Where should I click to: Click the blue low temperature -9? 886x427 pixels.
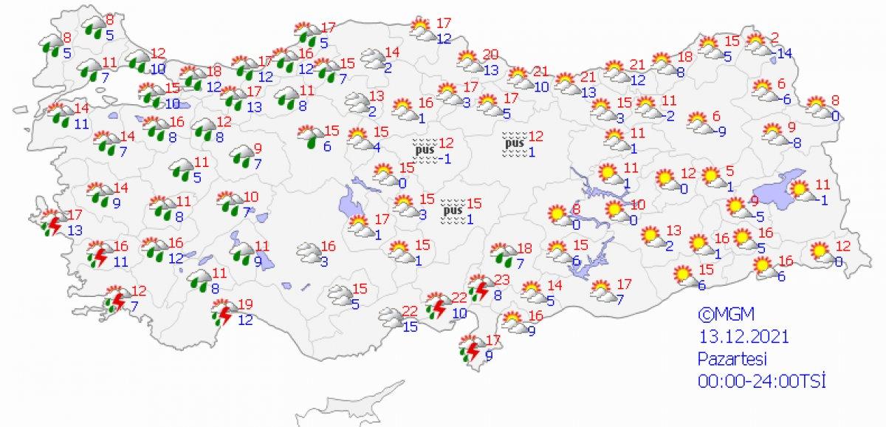[721, 131]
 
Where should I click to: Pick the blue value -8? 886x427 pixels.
[794, 143]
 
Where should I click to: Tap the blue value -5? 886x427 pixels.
[755, 216]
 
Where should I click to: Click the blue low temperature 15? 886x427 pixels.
[410, 327]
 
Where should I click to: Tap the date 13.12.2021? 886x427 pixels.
[744, 337]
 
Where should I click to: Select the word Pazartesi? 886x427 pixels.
[734, 359]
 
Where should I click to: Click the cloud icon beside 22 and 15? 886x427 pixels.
[390, 318]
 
